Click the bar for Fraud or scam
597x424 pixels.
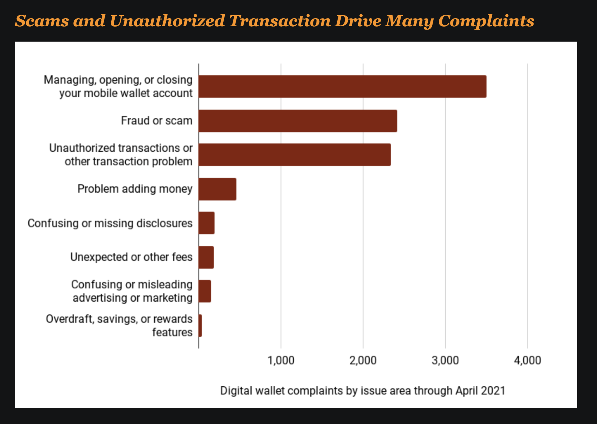click(298, 121)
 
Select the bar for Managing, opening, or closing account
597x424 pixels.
click(342, 87)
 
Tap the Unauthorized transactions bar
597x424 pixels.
click(295, 155)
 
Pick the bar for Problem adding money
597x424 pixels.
click(217, 189)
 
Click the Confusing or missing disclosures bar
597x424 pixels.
click(207, 223)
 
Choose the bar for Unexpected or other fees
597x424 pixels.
click(206, 257)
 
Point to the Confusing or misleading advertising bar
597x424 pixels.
click(205, 291)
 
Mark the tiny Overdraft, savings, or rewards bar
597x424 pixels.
click(200, 325)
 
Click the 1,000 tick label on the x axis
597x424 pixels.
click(281, 361)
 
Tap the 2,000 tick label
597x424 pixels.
click(363, 361)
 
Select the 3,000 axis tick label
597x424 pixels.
click(445, 361)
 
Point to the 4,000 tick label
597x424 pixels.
click(527, 361)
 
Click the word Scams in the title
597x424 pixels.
click(42, 21)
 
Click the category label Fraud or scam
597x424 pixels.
click(157, 121)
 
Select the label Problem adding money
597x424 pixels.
click(135, 189)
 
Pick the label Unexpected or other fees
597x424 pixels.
click(131, 257)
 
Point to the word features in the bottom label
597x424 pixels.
click(172, 332)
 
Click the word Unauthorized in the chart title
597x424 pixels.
click(167, 21)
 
